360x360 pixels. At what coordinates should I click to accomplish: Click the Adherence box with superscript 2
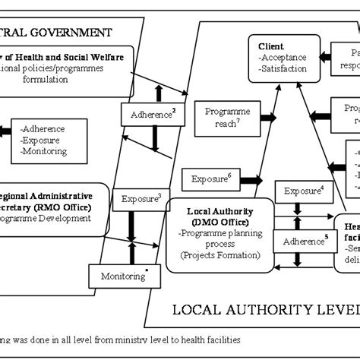(153, 115)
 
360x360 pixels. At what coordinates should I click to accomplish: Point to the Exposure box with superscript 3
(137, 201)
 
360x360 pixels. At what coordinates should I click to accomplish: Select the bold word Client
(272, 46)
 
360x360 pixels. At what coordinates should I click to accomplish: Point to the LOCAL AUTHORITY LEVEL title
(266, 309)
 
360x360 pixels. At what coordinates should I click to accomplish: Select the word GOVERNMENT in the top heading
(71, 32)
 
